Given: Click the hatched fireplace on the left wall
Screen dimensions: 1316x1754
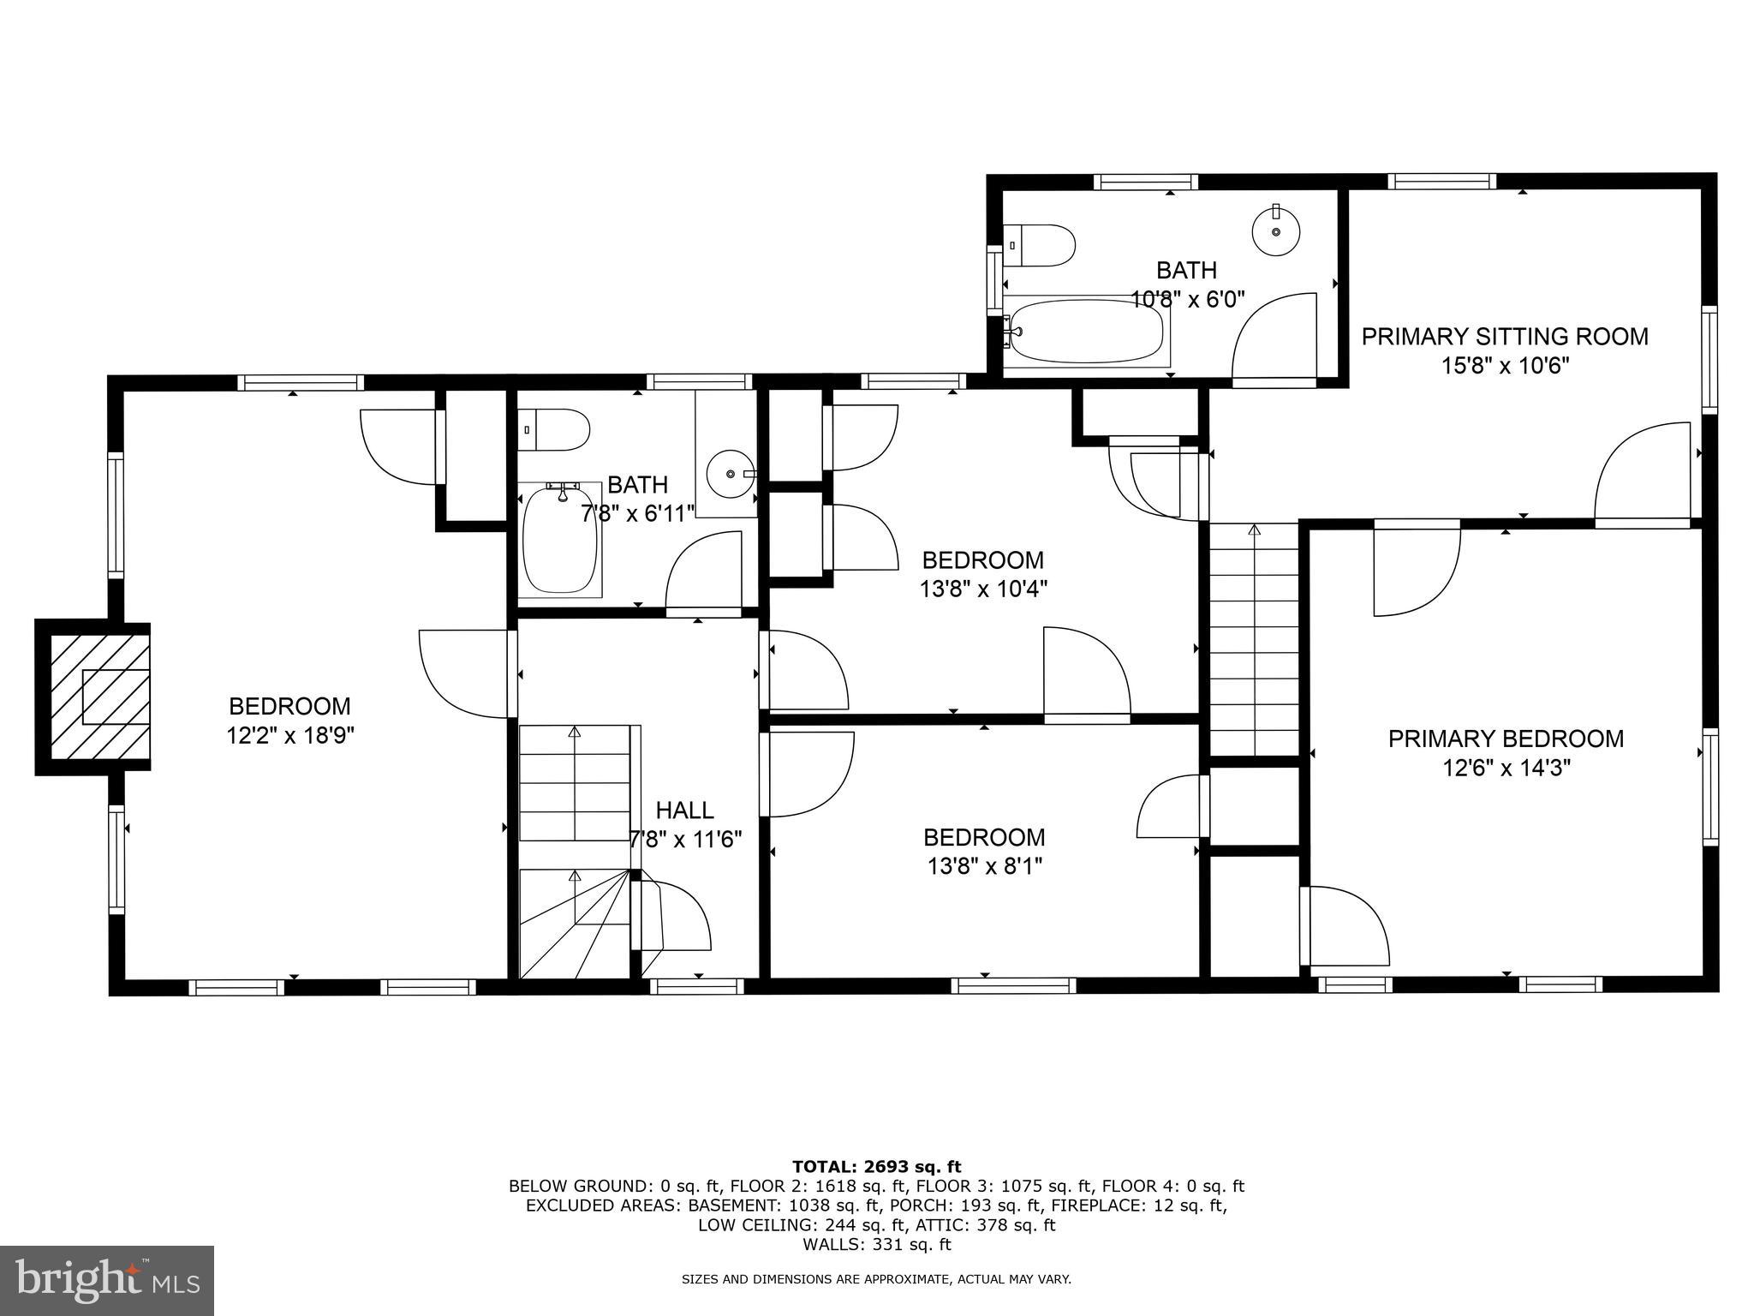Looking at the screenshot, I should (x=99, y=697).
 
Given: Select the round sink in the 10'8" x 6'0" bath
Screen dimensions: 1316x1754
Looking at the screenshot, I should (x=1276, y=231).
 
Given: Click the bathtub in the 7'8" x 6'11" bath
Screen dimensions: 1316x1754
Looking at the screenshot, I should (x=560, y=539).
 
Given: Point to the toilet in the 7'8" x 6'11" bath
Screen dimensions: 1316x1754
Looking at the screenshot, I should (x=556, y=429).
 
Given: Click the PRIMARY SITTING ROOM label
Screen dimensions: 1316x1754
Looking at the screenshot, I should (x=1505, y=337).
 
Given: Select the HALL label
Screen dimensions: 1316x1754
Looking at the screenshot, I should (x=684, y=810).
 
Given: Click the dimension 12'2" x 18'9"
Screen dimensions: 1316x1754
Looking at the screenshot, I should (x=290, y=735).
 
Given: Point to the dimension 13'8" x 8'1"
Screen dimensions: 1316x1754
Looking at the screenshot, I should (x=984, y=866).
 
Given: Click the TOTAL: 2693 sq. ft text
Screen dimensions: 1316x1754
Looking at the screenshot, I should (x=876, y=1166).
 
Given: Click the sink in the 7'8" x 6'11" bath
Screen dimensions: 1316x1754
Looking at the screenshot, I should (x=728, y=473).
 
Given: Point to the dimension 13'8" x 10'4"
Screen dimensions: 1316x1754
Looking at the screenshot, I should (x=983, y=589).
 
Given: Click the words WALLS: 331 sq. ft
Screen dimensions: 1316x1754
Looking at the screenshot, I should (x=876, y=1245).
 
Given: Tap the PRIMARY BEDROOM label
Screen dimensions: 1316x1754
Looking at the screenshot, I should (x=1506, y=739).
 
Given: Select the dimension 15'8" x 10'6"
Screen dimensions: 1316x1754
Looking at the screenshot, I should (x=1505, y=366).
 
